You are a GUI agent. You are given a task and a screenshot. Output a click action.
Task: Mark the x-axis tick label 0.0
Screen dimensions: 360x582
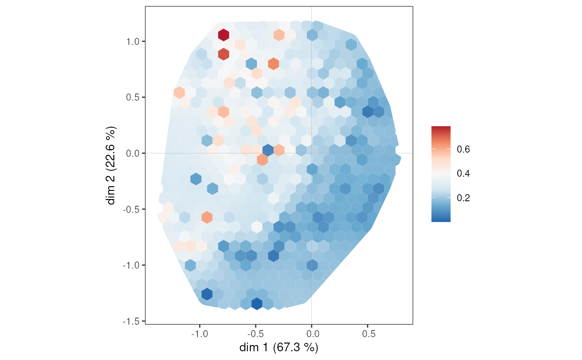tap(311, 333)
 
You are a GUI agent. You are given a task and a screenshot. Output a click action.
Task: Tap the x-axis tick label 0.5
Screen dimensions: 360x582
tap(367, 333)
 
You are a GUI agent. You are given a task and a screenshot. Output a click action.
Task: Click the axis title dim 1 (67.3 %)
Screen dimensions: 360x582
tap(279, 347)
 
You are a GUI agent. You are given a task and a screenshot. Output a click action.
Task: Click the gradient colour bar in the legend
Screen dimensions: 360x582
tap(441, 174)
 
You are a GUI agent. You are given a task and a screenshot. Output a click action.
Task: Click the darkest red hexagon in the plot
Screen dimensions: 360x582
tap(224, 35)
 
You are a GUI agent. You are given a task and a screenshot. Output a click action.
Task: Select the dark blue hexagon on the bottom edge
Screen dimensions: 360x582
tap(257, 304)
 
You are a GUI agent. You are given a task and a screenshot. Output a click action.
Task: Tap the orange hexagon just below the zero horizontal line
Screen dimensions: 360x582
tap(262, 159)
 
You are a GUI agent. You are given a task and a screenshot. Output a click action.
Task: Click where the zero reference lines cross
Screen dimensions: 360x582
tap(311, 153)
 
